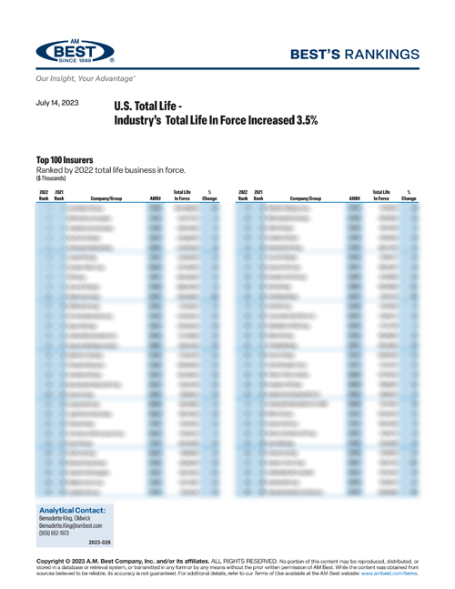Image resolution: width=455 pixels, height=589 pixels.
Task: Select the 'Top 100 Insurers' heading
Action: [66, 159]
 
